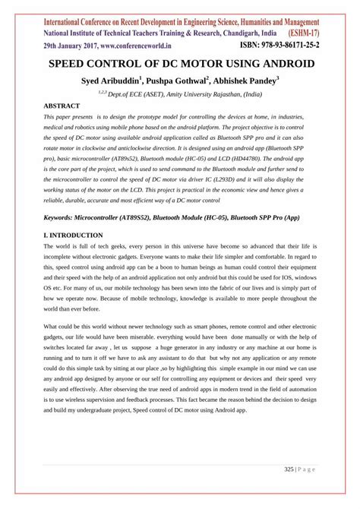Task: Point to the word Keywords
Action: [63, 217]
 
